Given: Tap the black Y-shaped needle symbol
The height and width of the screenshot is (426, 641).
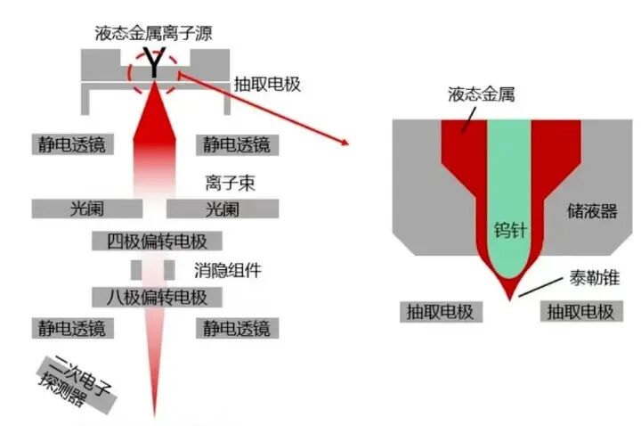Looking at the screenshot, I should [x=154, y=64].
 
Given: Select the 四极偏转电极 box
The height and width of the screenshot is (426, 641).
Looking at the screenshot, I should [x=157, y=241].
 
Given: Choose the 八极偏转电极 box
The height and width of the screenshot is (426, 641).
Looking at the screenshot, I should [x=157, y=297].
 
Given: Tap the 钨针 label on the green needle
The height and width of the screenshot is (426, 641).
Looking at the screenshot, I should [x=510, y=229].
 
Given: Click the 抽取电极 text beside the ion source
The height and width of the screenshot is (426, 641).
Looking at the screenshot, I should [x=267, y=85].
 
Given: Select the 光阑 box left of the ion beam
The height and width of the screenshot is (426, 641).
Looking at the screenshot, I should [x=86, y=209].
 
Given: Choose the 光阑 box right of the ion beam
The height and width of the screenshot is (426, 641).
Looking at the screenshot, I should [x=222, y=209].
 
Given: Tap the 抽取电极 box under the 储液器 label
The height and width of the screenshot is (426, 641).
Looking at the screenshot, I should [x=580, y=311].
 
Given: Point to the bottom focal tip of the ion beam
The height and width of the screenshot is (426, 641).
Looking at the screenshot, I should [x=157, y=415].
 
